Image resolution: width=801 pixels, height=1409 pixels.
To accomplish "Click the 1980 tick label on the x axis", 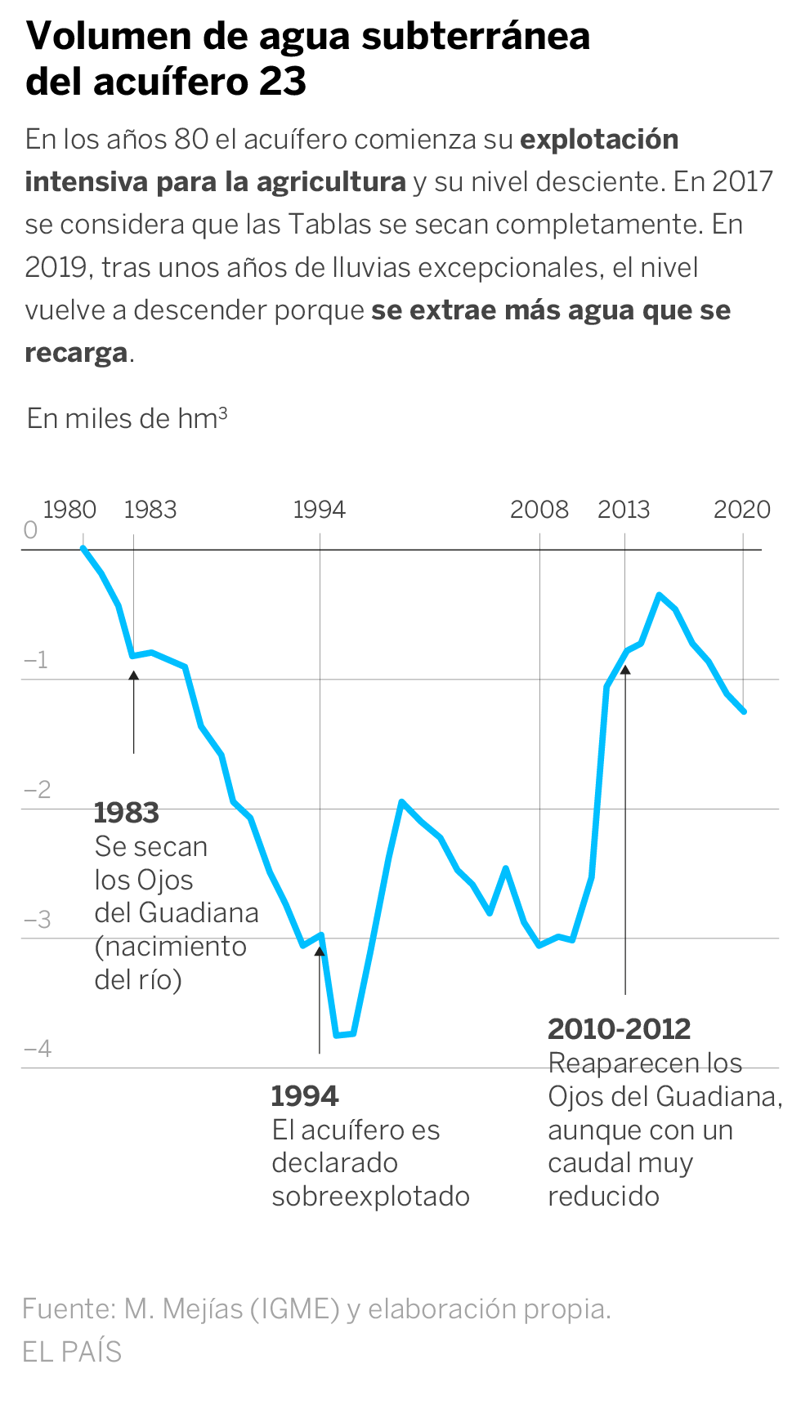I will tap(69, 510).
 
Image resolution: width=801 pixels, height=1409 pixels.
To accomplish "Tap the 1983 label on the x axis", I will tap(150, 510).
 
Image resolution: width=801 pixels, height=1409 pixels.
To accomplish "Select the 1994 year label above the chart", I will tap(320, 510).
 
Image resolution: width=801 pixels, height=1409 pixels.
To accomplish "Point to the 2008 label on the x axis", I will tap(539, 510).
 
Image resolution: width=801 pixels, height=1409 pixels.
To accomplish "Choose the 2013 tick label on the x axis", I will tap(624, 510).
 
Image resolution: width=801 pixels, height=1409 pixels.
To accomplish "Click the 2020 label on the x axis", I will tap(742, 510).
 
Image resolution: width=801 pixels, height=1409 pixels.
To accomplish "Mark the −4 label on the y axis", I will tap(38, 1048).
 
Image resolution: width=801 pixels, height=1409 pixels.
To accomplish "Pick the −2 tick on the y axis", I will tap(38, 789).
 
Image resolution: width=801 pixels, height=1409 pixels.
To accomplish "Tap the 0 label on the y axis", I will tap(31, 530).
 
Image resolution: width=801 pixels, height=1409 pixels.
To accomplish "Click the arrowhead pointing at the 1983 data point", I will tap(133, 675).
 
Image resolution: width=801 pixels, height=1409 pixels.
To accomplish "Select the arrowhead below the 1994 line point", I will tap(320, 951).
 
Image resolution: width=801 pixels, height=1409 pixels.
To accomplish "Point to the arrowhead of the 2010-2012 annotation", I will tap(625, 669).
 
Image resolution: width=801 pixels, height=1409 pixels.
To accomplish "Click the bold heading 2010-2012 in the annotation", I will tap(619, 1029).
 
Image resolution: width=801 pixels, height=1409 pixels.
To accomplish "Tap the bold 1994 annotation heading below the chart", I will tap(305, 1096).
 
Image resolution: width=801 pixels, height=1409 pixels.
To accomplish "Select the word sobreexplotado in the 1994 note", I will tap(370, 1197).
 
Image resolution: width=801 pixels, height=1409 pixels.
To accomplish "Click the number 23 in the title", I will tap(283, 81).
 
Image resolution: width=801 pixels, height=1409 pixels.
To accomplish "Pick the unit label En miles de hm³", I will tap(127, 418).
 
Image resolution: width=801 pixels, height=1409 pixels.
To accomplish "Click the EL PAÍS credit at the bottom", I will tap(72, 1352).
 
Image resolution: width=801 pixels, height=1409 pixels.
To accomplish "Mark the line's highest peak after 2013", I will tap(660, 595).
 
